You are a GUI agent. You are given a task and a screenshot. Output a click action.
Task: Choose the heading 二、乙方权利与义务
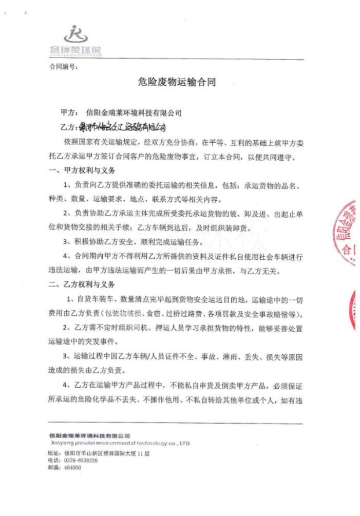pyautogui.click(x=82, y=284)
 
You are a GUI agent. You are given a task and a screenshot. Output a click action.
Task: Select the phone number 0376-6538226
pyautogui.click(x=81, y=461)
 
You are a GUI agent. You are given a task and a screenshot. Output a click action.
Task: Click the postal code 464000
pyautogui.click(x=72, y=468)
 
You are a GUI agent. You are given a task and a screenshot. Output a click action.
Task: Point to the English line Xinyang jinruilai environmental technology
pyautogui.click(x=121, y=443)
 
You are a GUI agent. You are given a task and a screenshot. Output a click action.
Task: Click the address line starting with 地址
pyautogui.click(x=98, y=453)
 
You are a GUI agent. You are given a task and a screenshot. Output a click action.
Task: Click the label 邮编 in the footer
pyautogui.click(x=53, y=468)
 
